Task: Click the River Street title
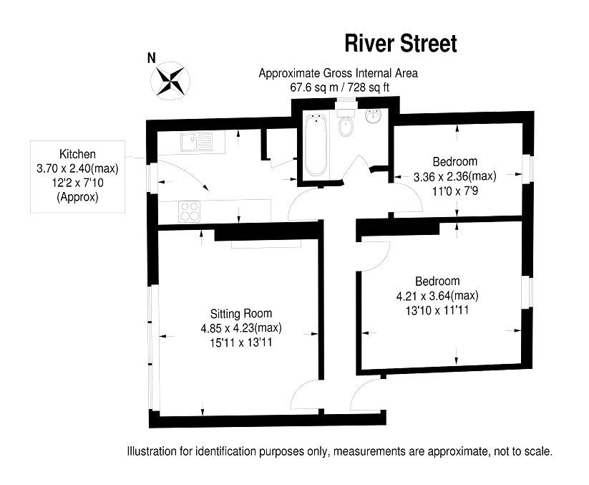[x=400, y=44]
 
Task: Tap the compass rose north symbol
[x=170, y=80]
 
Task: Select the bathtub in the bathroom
[x=314, y=145]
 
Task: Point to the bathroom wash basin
[x=374, y=117]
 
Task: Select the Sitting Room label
[x=240, y=314]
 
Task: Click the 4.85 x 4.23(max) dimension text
[x=240, y=328]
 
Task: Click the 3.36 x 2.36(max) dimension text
[x=454, y=176]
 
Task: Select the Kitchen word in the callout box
[x=77, y=154]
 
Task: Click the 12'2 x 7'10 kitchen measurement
[x=77, y=183]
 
